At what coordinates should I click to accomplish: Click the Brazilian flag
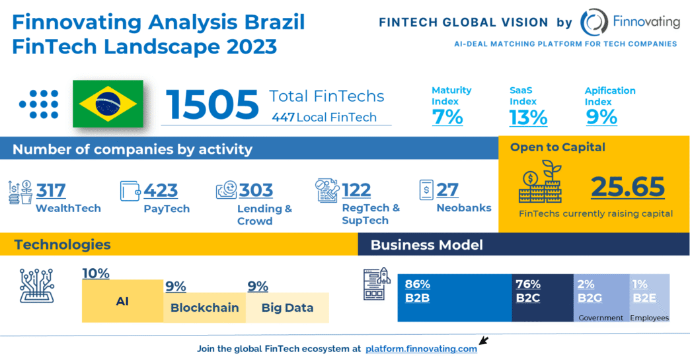pyautogui.click(x=107, y=104)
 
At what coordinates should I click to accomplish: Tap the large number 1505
pyautogui.click(x=211, y=104)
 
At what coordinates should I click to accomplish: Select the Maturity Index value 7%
pyautogui.click(x=447, y=118)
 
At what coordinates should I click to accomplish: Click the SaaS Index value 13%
pyautogui.click(x=528, y=118)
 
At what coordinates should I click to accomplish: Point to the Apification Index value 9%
pyautogui.click(x=601, y=118)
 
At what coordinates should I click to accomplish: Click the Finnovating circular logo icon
pyautogui.click(x=594, y=22)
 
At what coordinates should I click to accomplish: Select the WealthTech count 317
pyautogui.click(x=51, y=190)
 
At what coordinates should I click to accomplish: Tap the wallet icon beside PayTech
pyautogui.click(x=130, y=191)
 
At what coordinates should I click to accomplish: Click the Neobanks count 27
pyautogui.click(x=447, y=190)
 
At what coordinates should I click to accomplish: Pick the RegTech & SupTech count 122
pyautogui.click(x=356, y=190)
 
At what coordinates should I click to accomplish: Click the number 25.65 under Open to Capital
pyautogui.click(x=627, y=188)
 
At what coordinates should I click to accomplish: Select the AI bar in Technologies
pyautogui.click(x=122, y=301)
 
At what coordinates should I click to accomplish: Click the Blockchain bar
pyautogui.click(x=204, y=308)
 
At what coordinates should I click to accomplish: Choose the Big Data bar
pyautogui.click(x=287, y=308)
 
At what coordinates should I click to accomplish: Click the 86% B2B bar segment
pyautogui.click(x=454, y=297)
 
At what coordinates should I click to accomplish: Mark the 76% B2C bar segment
pyautogui.click(x=542, y=297)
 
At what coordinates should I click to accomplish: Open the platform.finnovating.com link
pyautogui.click(x=421, y=349)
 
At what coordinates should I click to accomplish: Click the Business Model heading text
pyautogui.click(x=426, y=245)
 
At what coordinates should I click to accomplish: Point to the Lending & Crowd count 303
pyautogui.click(x=256, y=190)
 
